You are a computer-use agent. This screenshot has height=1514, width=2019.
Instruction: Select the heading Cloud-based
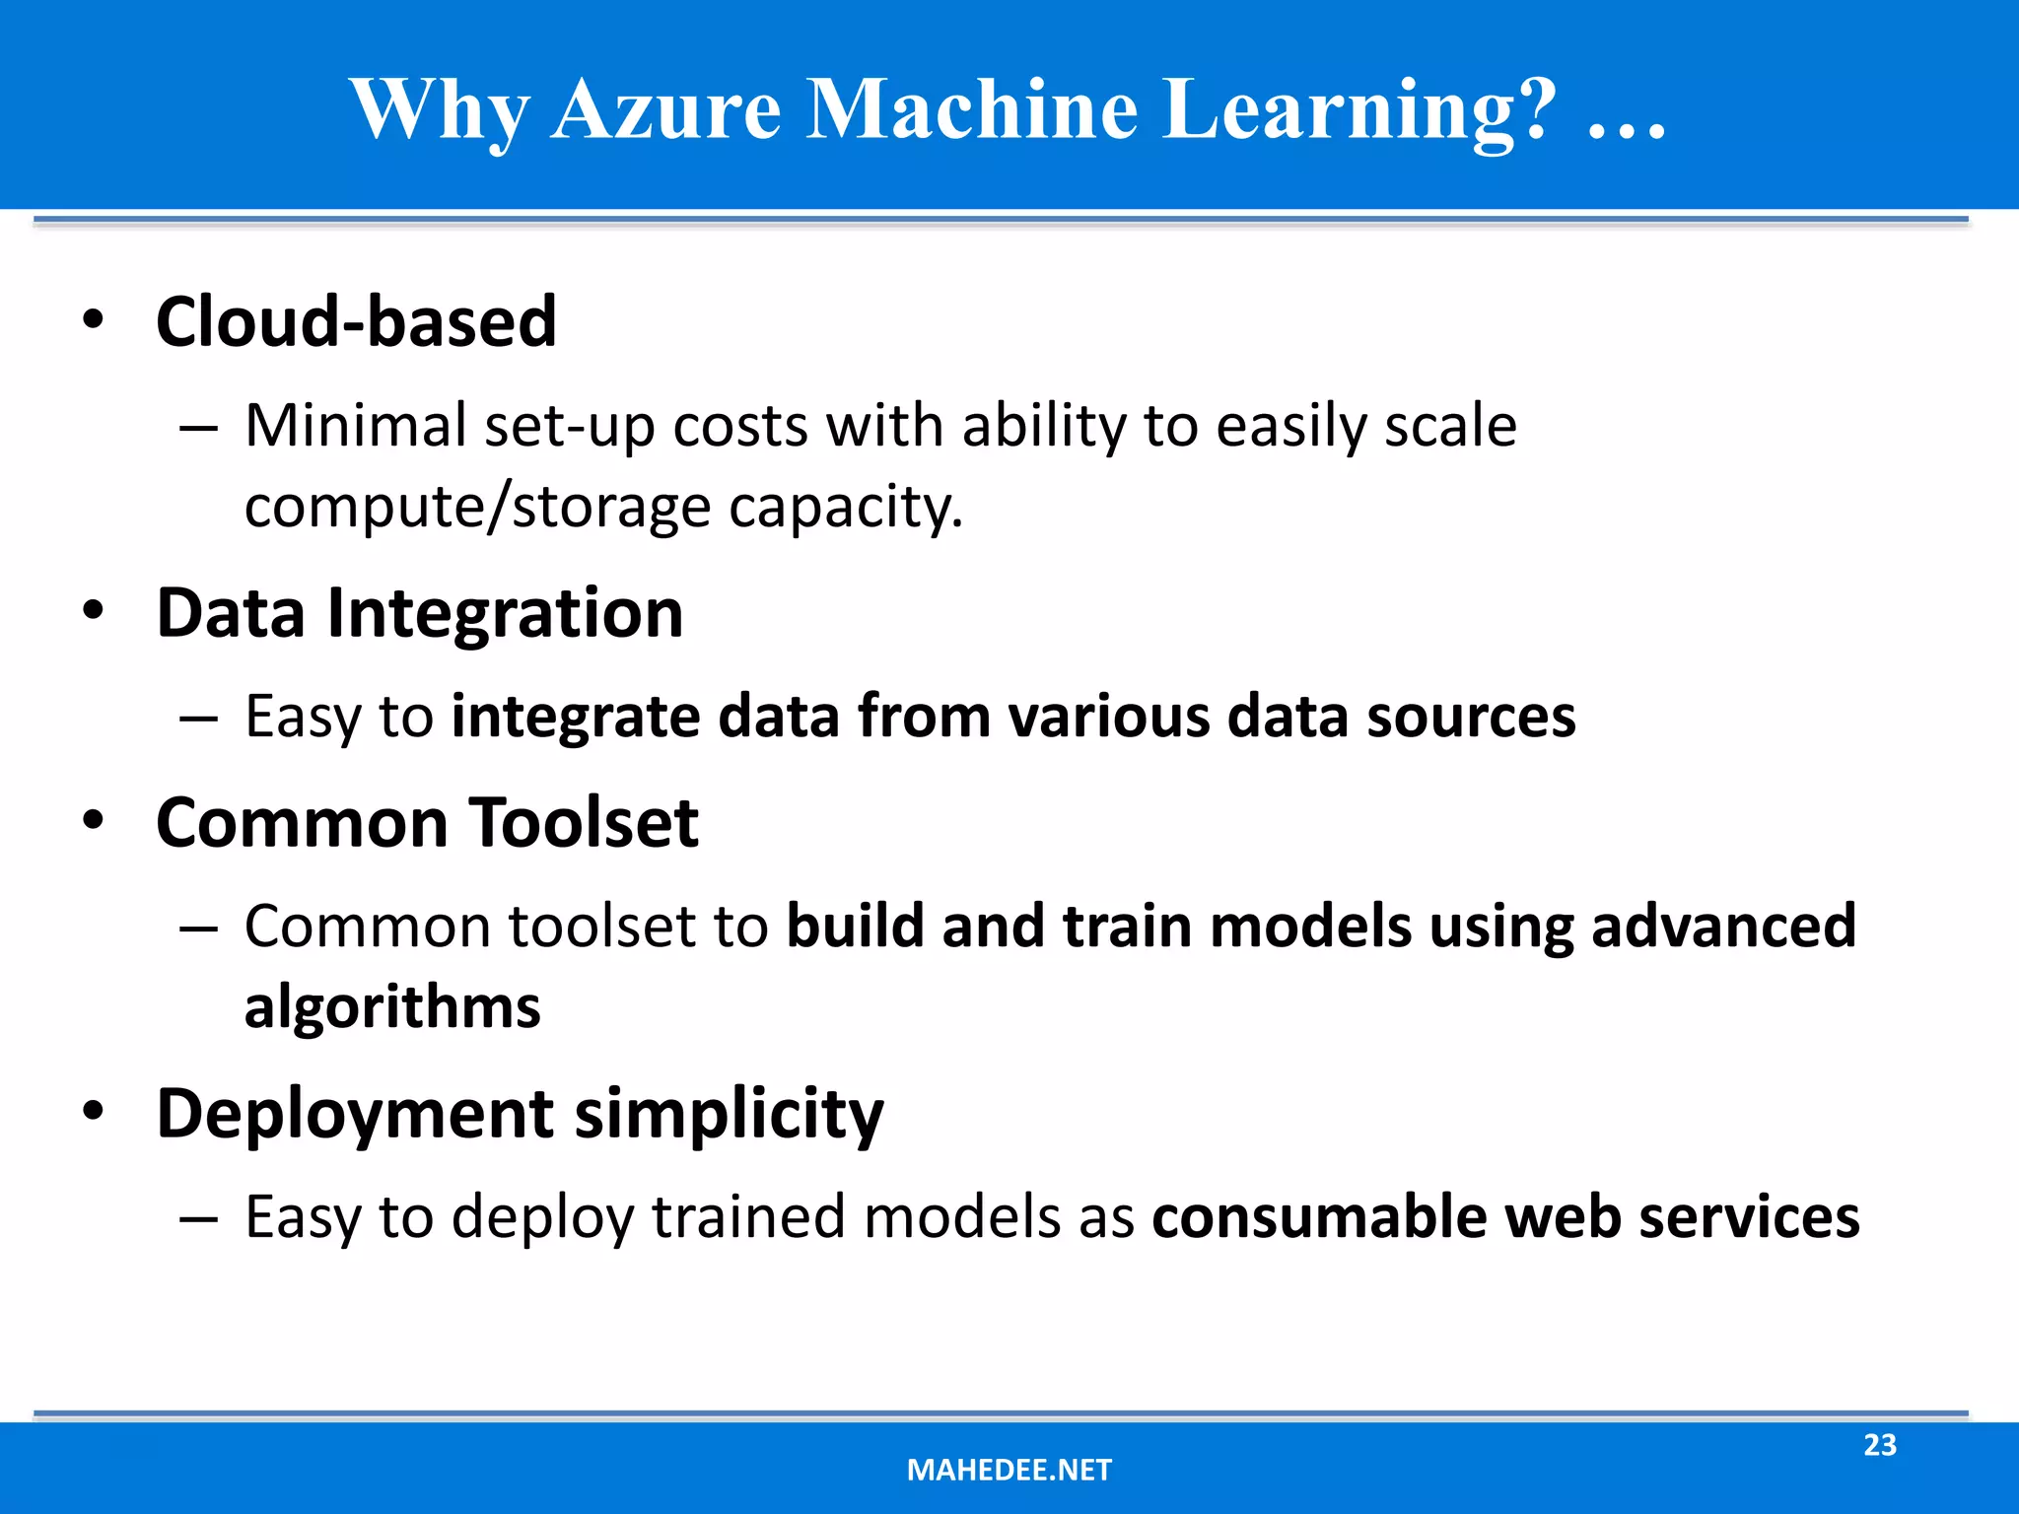(356, 322)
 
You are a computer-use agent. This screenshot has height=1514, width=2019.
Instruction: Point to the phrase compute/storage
(477, 508)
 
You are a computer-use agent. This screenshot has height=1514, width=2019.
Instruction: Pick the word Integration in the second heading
(504, 613)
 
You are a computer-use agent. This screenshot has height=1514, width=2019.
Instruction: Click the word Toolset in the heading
(583, 823)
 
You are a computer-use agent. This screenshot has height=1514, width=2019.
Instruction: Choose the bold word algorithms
(392, 1007)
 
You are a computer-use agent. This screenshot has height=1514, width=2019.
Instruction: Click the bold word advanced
(1723, 927)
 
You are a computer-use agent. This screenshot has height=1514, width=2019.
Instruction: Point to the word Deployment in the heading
(355, 1115)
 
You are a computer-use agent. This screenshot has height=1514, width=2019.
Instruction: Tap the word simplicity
(729, 1115)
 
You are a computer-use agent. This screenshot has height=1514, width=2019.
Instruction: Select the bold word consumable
(1318, 1217)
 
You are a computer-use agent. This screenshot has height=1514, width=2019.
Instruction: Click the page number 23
(1879, 1445)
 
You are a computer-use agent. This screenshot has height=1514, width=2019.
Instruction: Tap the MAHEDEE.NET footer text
(1009, 1471)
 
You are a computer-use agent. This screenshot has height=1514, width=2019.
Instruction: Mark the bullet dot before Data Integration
(93, 611)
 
